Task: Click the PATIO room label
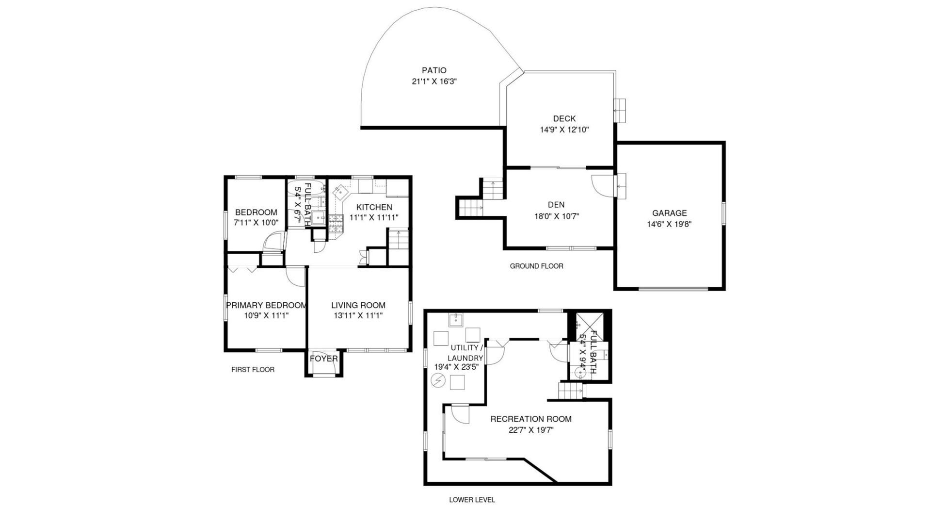click(x=433, y=70)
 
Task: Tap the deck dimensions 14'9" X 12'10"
click(x=564, y=130)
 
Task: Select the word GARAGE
click(x=669, y=213)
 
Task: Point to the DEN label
click(x=556, y=205)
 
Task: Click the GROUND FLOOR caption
click(x=536, y=266)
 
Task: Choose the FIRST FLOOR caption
click(x=253, y=370)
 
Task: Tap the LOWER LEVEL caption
click(x=472, y=500)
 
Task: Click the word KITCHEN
click(x=374, y=207)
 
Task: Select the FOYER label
click(x=324, y=359)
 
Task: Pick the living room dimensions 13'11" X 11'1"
click(x=358, y=316)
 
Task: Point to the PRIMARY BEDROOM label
click(x=266, y=305)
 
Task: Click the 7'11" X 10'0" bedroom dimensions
click(x=256, y=223)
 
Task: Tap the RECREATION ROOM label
click(x=531, y=419)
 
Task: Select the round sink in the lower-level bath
click(x=579, y=373)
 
